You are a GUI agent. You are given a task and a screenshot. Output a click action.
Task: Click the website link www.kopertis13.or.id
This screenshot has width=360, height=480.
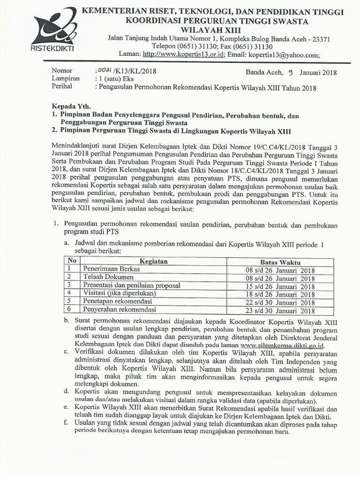tap(183, 54)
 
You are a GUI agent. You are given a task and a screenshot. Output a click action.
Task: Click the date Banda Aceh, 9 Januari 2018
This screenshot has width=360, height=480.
tap(291, 72)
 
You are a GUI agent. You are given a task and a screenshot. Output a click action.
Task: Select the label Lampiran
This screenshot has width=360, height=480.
tap(65, 79)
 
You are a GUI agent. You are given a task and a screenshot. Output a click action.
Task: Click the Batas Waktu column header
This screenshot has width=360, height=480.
tap(280, 262)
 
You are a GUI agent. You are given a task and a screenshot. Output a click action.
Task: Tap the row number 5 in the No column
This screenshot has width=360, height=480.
tap(69, 301)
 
